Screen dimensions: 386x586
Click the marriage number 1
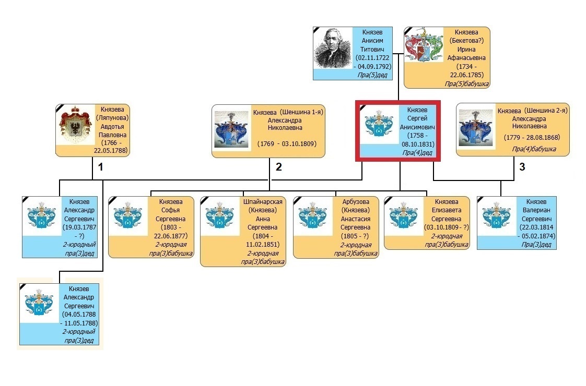tap(102, 167)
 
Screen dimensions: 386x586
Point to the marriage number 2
tap(279, 167)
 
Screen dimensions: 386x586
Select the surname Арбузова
tap(356, 202)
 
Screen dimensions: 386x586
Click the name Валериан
tap(536, 210)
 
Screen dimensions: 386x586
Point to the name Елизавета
tap(446, 210)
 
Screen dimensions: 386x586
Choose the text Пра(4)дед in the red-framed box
tap(416, 152)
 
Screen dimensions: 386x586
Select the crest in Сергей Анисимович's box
tap(379, 125)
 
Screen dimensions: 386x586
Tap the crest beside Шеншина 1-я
tap(231, 129)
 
